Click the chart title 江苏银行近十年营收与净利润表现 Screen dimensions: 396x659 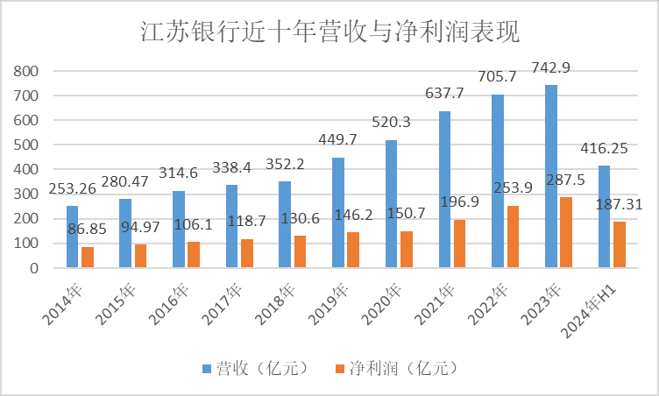(330, 32)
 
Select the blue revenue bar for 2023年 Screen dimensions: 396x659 (551, 176)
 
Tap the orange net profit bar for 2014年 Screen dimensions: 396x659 (87, 258)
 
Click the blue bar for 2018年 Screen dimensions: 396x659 (285, 224)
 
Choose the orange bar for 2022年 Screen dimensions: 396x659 (513, 237)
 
